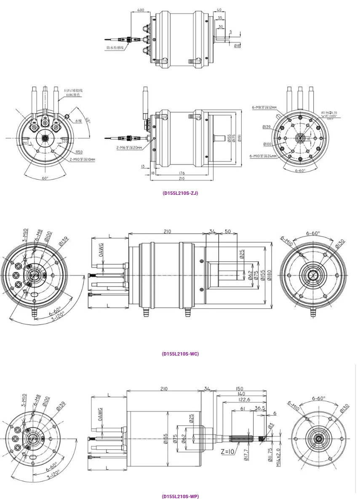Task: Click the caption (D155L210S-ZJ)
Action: click(x=180, y=193)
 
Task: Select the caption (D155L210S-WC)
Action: click(x=180, y=353)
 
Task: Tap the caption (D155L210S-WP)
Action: click(x=180, y=496)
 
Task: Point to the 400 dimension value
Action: click(x=141, y=10)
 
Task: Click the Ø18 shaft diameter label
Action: click(x=237, y=45)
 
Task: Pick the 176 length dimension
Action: click(x=182, y=173)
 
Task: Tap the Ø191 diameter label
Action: click(x=240, y=138)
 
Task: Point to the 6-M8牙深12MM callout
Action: click(x=264, y=108)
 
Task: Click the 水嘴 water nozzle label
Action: click(x=78, y=121)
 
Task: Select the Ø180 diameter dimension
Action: click(x=269, y=275)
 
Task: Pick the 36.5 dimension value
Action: click(x=260, y=409)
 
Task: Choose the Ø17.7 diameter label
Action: click(x=246, y=457)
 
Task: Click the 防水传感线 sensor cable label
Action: click(x=115, y=48)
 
